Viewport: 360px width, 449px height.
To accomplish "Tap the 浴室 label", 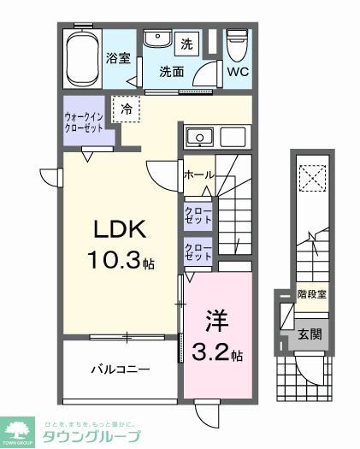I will (x=118, y=59).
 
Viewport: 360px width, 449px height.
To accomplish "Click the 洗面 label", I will (x=172, y=72).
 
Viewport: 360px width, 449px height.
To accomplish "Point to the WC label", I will (x=238, y=72).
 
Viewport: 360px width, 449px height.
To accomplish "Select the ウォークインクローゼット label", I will (x=86, y=121).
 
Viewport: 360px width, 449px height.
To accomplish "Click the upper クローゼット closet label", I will (x=198, y=213).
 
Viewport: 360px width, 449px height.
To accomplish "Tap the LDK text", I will (x=121, y=229).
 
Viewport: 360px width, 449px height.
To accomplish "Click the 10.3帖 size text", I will (x=121, y=261).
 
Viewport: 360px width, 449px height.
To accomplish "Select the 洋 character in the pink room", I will (x=215, y=321).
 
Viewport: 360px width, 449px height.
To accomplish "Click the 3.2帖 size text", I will (x=218, y=352).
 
